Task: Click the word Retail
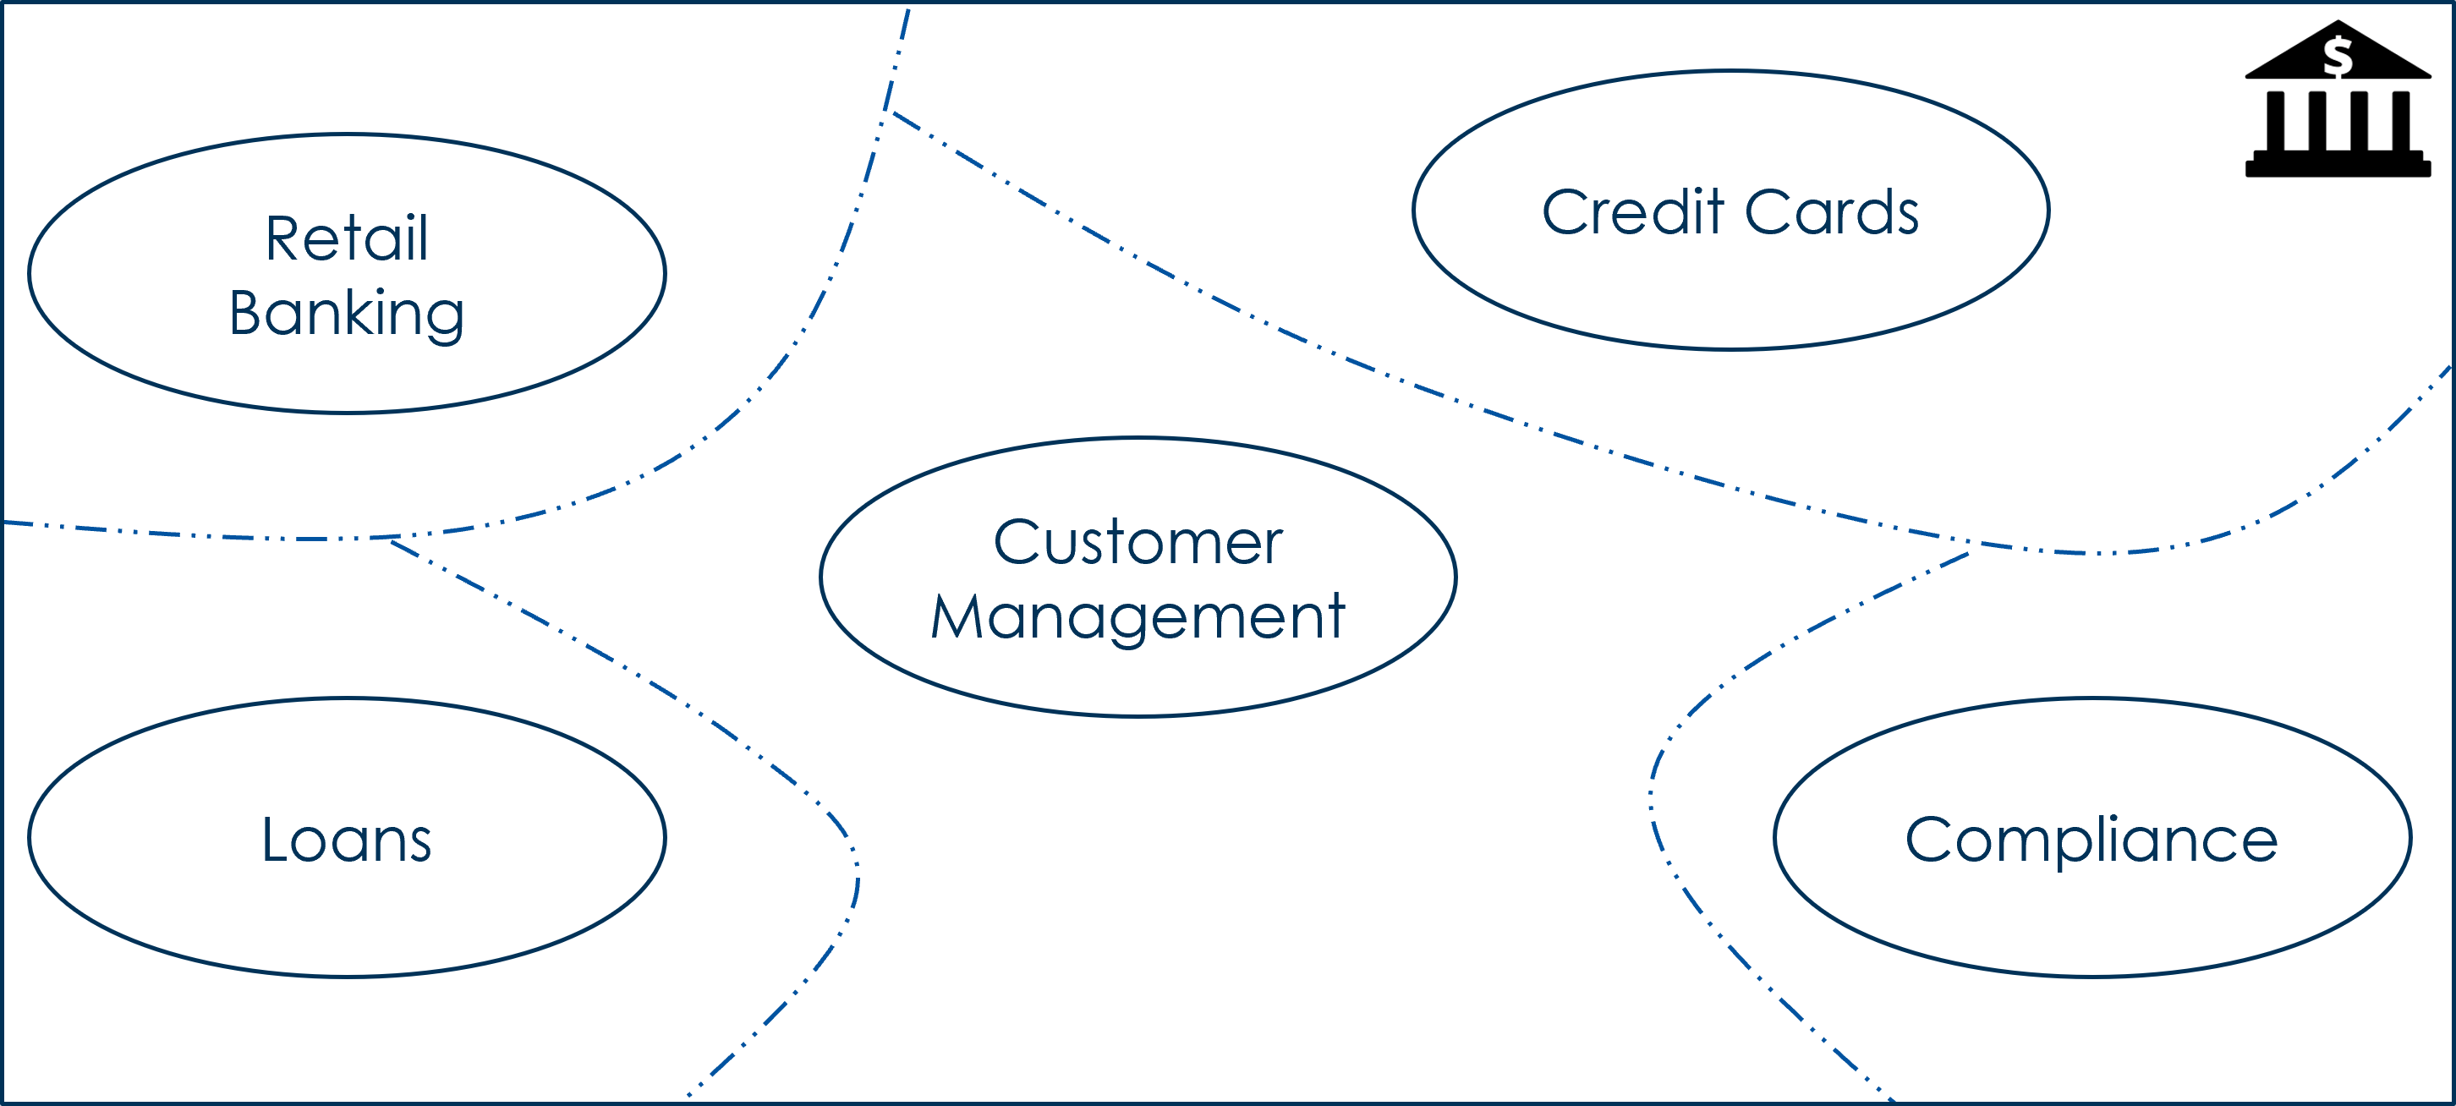tap(346, 238)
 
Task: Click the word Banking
tap(346, 313)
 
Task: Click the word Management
tap(1138, 617)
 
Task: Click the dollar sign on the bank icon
tap(2337, 57)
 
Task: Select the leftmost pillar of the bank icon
tap(2276, 120)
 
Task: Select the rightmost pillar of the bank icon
tap(2399, 120)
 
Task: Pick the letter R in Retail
tap(282, 238)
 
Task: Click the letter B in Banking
tap(246, 313)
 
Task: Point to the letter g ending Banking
tap(443, 319)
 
